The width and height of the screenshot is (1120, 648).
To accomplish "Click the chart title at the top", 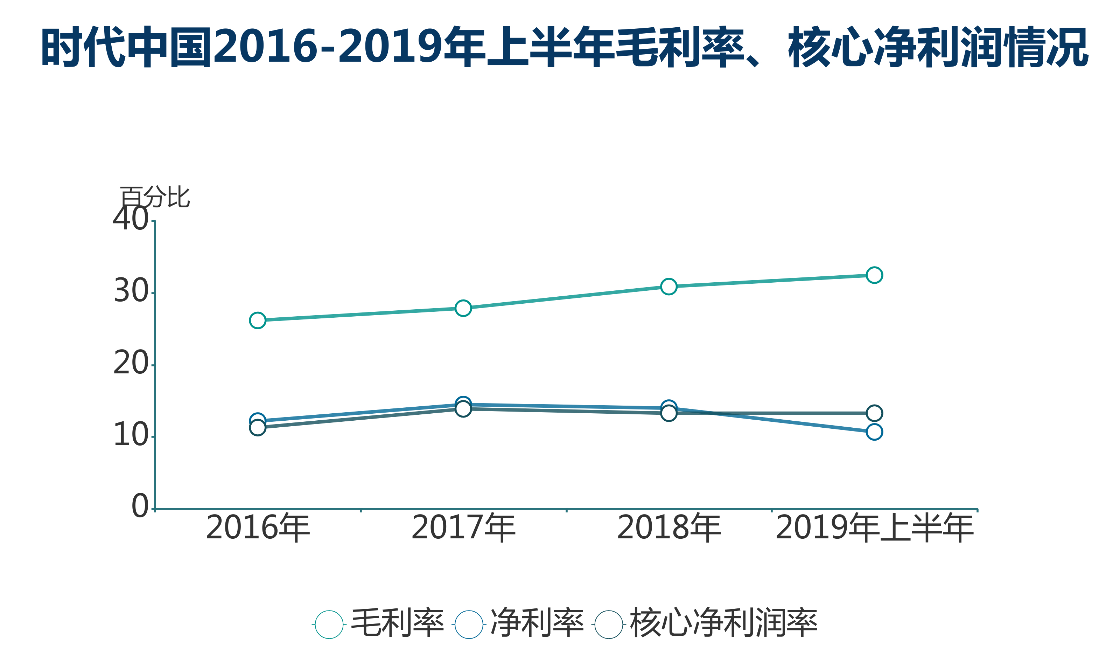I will pyautogui.click(x=565, y=47).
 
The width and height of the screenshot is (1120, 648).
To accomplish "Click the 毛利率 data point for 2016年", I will pyautogui.click(x=257, y=320).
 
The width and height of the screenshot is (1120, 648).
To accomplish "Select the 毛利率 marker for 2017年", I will pyautogui.click(x=463, y=308).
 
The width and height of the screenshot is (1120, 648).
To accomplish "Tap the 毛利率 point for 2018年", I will pyautogui.click(x=669, y=287).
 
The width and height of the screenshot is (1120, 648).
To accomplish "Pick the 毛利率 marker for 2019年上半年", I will pyautogui.click(x=874, y=275).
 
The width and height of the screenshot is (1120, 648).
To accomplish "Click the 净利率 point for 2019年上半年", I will pyautogui.click(x=874, y=432).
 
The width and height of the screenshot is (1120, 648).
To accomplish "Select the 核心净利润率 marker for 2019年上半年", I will pyautogui.click(x=874, y=413).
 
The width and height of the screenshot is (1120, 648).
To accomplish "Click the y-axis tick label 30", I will pyautogui.click(x=131, y=291).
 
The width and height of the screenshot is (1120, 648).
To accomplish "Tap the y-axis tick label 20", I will pyautogui.click(x=131, y=363).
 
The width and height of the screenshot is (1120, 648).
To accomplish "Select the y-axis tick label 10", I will pyautogui.click(x=131, y=435).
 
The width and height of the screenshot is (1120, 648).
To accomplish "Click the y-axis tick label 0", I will pyautogui.click(x=140, y=506).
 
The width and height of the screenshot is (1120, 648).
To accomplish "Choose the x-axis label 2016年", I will pyautogui.click(x=257, y=528).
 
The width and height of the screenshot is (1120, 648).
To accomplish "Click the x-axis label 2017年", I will pyautogui.click(x=463, y=528).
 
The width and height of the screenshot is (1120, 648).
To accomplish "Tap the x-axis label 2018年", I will pyautogui.click(x=669, y=528).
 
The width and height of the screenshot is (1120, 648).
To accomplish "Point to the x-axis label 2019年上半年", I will pyautogui.click(x=874, y=528).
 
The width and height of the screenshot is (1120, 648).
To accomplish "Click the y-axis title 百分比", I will pyautogui.click(x=155, y=197).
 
